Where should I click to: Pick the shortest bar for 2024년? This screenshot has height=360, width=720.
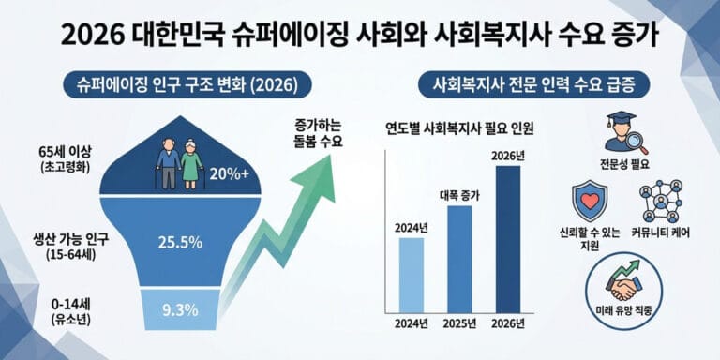[x=410, y=274]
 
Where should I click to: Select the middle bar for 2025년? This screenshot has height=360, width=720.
[x=458, y=258]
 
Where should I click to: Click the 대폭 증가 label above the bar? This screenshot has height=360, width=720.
[x=459, y=196]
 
